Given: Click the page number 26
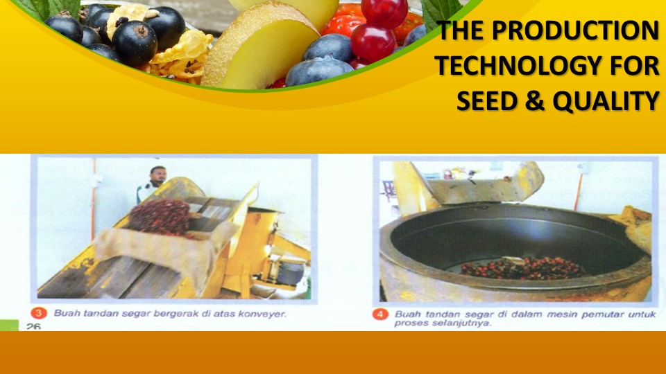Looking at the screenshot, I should [x=33, y=326].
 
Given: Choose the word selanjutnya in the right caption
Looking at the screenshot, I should [x=457, y=323].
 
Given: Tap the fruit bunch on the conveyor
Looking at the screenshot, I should [x=160, y=215].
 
